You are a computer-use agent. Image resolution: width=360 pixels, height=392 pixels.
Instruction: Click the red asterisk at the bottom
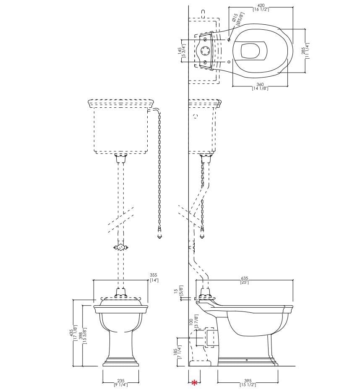(x=194, y=382)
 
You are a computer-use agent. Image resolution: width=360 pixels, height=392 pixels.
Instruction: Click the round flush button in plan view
(x=205, y=51)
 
